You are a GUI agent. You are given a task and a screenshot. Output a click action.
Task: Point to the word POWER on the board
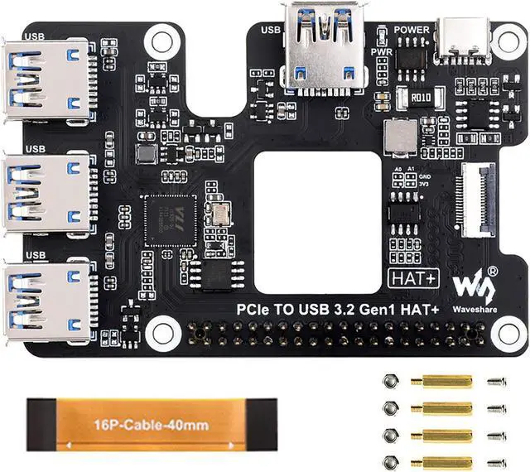[x=412, y=30]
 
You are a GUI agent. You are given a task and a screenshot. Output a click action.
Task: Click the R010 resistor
[x=421, y=98]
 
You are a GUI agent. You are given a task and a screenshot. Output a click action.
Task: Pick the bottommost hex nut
[x=393, y=462]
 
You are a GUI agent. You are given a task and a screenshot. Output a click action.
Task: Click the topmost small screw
[x=497, y=382]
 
